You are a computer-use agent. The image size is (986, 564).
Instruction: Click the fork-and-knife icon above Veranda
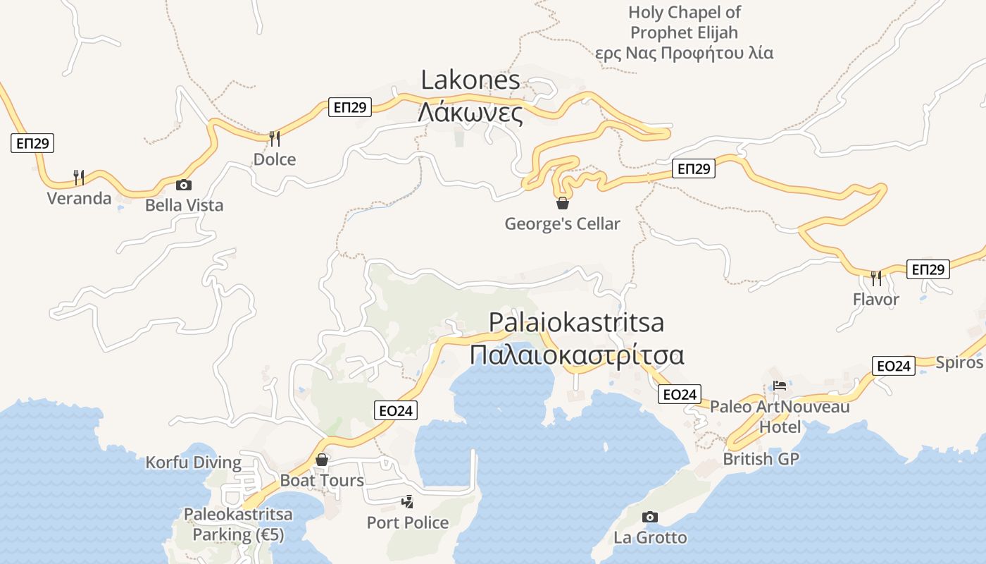coord(79,177)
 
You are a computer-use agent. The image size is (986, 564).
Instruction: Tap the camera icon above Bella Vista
coord(183,185)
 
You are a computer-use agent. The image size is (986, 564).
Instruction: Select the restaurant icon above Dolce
coord(275,138)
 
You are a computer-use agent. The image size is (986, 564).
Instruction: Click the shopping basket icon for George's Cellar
coord(563,204)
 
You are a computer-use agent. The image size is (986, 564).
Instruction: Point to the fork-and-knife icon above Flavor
coord(876,278)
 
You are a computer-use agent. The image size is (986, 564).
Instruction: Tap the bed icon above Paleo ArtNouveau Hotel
coord(780,386)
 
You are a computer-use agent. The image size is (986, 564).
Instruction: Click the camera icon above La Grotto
coord(650,517)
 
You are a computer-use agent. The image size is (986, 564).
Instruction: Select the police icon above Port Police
coord(407,502)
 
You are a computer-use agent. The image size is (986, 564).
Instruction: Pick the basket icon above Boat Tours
coord(322,460)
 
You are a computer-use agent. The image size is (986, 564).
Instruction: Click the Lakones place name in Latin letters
coord(470,80)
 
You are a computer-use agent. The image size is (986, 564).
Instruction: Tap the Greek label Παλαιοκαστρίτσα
coord(577,355)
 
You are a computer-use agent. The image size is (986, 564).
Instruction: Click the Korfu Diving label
coord(193,463)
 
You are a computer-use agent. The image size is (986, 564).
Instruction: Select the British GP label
coord(761,459)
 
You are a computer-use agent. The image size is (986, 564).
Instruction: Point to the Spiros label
coord(959,362)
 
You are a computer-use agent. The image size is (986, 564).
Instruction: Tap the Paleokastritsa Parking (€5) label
coord(238,525)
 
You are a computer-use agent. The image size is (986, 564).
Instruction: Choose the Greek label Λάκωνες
coord(470,113)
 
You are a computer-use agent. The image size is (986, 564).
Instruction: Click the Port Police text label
coord(407,522)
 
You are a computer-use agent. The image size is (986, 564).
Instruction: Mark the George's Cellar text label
coord(562,224)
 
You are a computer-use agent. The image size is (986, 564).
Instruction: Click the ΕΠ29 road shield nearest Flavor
coord(928,269)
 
